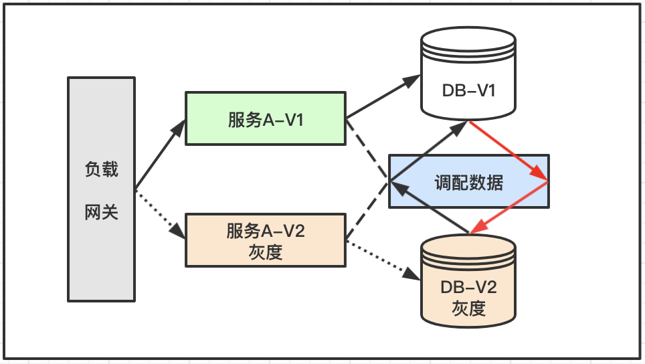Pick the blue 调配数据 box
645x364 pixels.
[x=468, y=181]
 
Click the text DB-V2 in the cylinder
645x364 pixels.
[x=468, y=287]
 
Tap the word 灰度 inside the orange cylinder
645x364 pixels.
[x=468, y=308]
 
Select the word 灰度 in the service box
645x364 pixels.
[x=265, y=252]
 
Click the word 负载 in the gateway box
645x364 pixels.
[x=102, y=169]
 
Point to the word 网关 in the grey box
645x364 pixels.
[x=102, y=213]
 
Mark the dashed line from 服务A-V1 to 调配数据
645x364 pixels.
[x=367, y=151]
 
